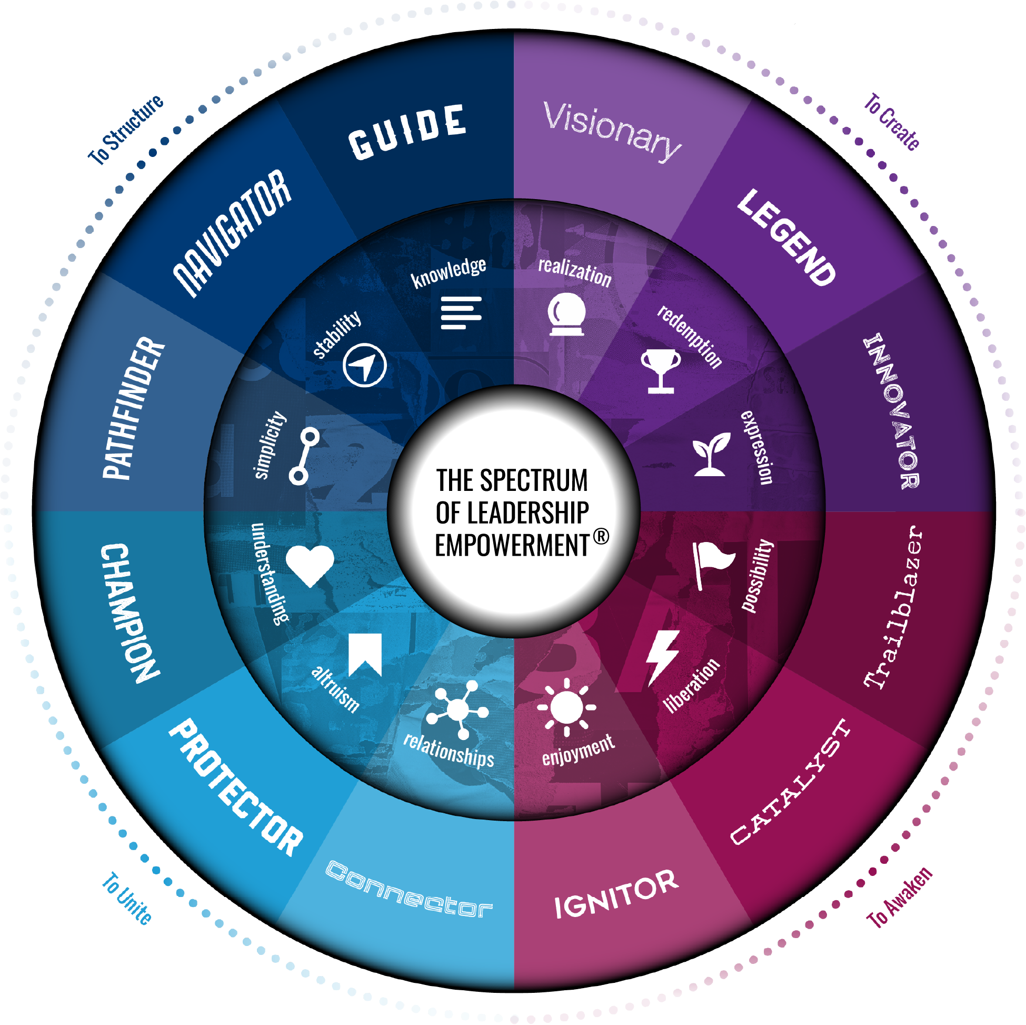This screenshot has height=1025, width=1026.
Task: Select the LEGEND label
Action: pos(786,238)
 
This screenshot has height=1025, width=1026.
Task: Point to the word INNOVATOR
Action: pos(892,410)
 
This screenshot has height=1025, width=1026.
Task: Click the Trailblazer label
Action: pos(893,607)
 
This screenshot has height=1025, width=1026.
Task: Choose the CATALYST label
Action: pos(790,782)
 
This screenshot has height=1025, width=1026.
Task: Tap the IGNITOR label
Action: pos(616,895)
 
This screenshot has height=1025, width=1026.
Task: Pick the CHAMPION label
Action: pos(129,613)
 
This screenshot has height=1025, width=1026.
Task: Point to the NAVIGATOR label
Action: pos(233,233)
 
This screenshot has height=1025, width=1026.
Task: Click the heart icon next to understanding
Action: pos(310,564)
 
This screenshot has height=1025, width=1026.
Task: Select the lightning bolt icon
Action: pos(662,657)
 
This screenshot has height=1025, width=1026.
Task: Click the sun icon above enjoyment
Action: pos(566,707)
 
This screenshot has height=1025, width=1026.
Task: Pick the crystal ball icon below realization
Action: pos(566,313)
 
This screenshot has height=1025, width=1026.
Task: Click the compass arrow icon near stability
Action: pos(364,365)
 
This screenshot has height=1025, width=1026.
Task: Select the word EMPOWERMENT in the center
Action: pos(511,546)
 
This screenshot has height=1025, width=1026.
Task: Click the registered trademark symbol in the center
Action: pos(601,537)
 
